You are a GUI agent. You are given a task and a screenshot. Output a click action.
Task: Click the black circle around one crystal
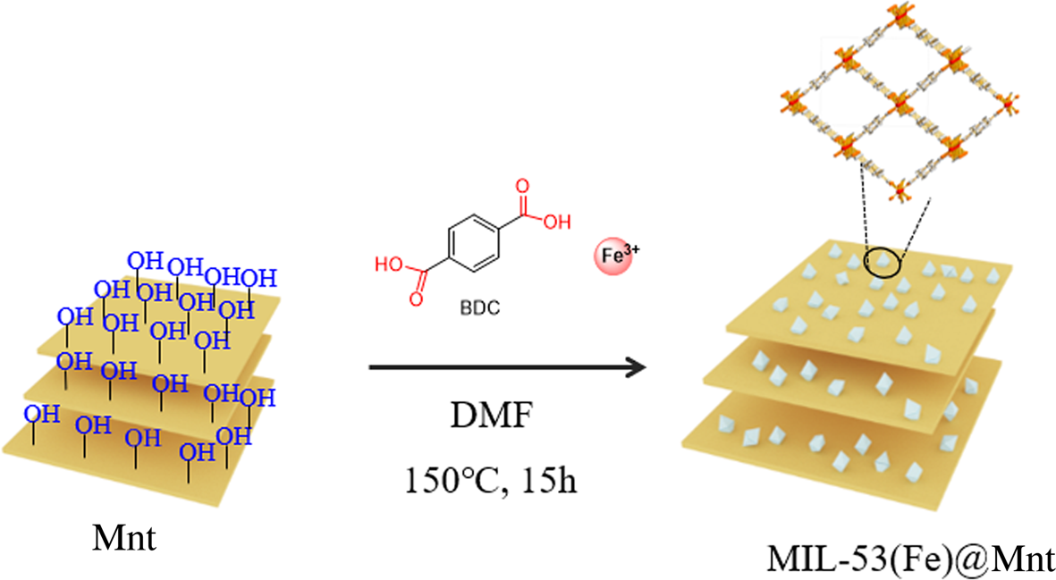click(x=883, y=264)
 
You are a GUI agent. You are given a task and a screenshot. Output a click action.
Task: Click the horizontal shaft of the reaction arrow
click(x=501, y=366)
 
